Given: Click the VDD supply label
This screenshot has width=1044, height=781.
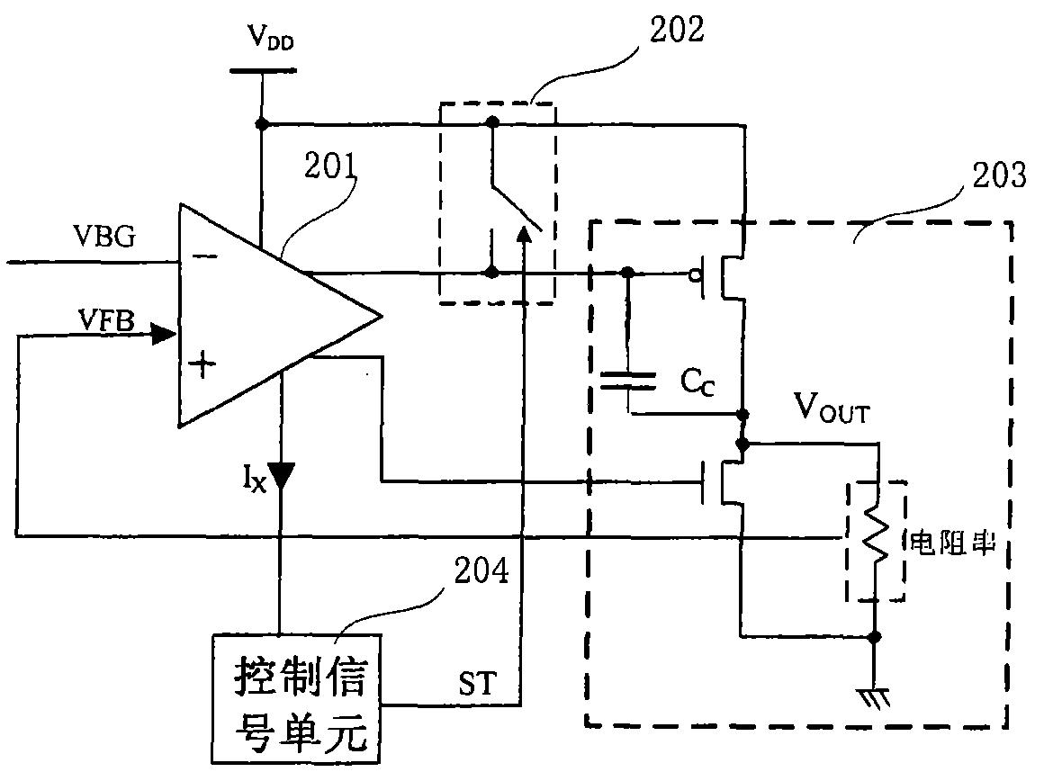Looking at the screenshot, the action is click(271, 37).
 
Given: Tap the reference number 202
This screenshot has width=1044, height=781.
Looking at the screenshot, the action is click(677, 30).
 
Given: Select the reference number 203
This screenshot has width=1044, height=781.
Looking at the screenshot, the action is click(999, 175).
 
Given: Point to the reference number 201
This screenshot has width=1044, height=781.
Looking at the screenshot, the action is click(330, 166).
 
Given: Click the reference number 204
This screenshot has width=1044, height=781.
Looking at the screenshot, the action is click(481, 571).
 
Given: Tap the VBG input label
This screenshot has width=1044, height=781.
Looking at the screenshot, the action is click(103, 236).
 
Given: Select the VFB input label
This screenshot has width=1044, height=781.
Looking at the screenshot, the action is click(106, 320).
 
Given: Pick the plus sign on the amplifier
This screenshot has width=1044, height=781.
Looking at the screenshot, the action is click(202, 364).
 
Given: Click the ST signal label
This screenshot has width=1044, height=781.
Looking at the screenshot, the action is click(477, 683).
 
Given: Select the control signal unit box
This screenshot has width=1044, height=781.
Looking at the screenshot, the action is click(296, 699).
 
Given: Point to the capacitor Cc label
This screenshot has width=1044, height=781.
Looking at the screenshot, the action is click(697, 382).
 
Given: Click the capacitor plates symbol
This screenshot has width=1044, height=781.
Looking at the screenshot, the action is click(628, 381).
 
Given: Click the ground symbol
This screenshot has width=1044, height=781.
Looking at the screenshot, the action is click(875, 698).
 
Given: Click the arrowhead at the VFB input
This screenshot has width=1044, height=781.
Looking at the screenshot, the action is click(164, 333).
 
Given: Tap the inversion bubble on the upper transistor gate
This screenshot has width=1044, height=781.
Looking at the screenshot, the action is click(695, 274).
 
